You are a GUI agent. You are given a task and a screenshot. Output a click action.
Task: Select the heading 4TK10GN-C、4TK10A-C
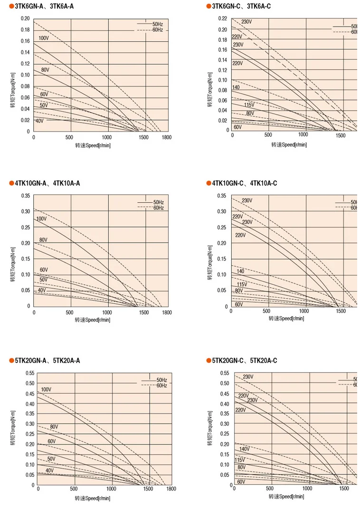[x=244, y=183]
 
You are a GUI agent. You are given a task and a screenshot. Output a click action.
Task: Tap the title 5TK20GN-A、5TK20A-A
[x=47, y=361]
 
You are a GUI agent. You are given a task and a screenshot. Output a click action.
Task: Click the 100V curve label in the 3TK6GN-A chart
[x=43, y=38]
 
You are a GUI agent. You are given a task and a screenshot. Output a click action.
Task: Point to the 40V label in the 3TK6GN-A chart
[x=39, y=121]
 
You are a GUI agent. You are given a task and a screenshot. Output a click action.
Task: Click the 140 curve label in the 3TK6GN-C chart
[x=236, y=88]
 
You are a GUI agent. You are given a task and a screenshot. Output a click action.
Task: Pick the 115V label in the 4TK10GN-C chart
[x=242, y=284]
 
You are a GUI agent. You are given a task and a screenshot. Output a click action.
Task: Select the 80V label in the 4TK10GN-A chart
[x=43, y=240]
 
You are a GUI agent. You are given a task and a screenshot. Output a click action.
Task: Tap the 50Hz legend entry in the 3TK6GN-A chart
[x=158, y=24]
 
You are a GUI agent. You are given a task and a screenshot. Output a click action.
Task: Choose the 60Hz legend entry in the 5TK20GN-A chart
[x=162, y=386]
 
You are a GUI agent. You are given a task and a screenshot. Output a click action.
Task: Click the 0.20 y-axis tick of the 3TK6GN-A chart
[x=25, y=19]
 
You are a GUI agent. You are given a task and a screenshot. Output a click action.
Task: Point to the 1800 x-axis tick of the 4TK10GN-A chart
[x=166, y=312]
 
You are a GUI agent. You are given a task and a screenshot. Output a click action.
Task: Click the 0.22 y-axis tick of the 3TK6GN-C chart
[x=223, y=19]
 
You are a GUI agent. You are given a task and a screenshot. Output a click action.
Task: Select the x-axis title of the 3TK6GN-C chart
[x=289, y=144]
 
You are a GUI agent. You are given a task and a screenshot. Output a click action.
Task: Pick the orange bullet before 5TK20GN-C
[x=208, y=361]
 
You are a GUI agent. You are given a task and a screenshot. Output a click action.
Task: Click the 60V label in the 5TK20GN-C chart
[x=241, y=481]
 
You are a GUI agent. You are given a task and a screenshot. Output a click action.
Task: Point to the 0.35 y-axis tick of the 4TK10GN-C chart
[x=222, y=196]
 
